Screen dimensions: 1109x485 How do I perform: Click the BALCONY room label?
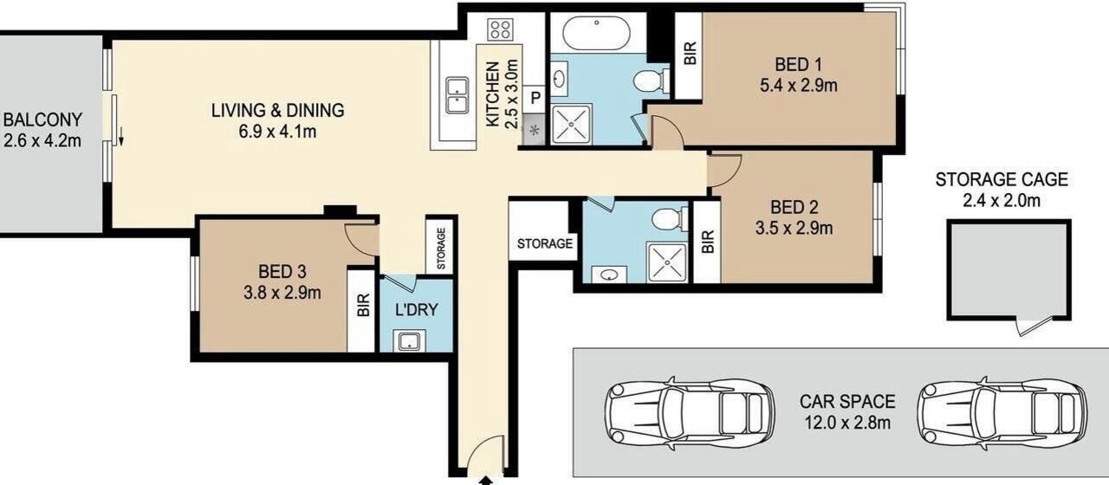pyautogui.click(x=42, y=120)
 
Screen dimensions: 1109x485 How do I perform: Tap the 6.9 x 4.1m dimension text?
pyautogui.click(x=277, y=132)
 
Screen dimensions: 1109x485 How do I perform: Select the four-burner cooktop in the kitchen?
pyautogui.click(x=500, y=29)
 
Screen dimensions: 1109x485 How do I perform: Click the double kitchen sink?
pyautogui.click(x=457, y=95)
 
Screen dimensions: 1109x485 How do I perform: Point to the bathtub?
pyautogui.click(x=597, y=33)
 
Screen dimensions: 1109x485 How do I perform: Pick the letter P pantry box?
pyautogui.click(x=535, y=98)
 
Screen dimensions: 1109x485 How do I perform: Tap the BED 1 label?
pyautogui.click(x=798, y=64)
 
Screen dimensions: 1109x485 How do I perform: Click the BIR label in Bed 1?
pyautogui.click(x=691, y=53)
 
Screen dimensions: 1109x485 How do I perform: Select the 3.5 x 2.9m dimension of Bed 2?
pyautogui.click(x=794, y=228)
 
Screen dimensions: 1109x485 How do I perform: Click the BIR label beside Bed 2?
pyautogui.click(x=708, y=242)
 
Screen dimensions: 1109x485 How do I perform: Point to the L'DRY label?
pyautogui.click(x=417, y=310)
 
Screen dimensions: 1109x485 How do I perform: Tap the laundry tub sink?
pyautogui.click(x=409, y=341)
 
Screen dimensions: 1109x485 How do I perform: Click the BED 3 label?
pyautogui.click(x=282, y=271)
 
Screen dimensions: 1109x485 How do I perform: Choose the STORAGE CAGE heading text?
pyautogui.click(x=1002, y=179)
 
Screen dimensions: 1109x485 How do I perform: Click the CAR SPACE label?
pyautogui.click(x=847, y=401)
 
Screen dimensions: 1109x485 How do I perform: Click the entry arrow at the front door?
pyautogui.click(x=486, y=480)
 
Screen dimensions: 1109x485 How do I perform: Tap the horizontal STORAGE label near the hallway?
pyautogui.click(x=545, y=243)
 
